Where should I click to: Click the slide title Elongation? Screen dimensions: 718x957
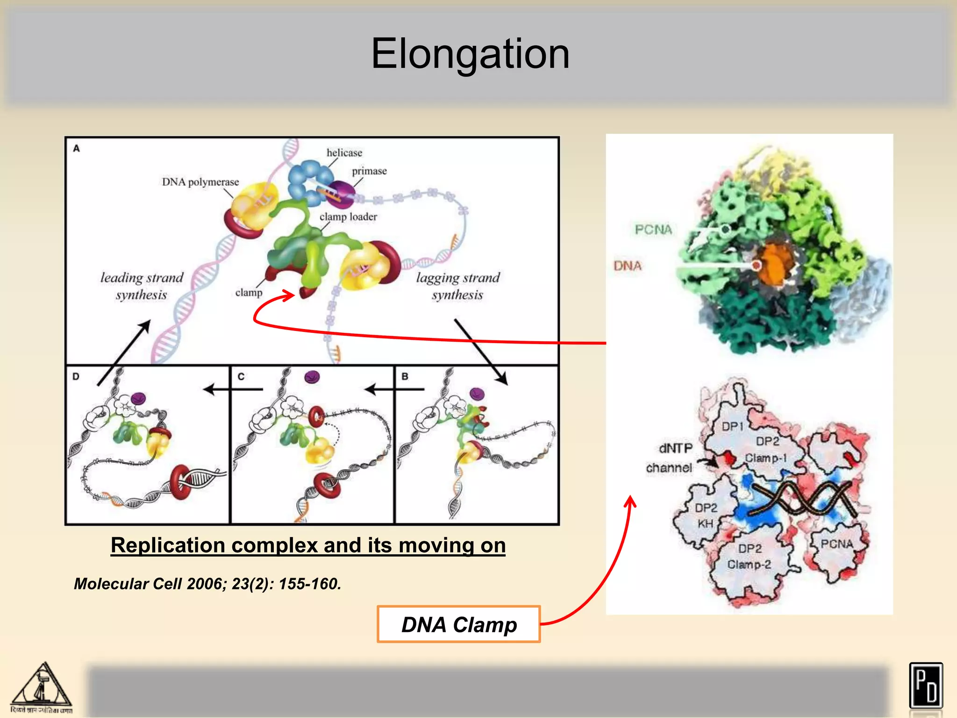tap(470, 54)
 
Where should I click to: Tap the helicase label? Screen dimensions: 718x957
tap(344, 153)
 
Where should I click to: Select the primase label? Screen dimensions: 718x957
tap(369, 171)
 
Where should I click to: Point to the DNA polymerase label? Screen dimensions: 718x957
tap(200, 182)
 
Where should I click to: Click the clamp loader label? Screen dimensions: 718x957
tap(348, 216)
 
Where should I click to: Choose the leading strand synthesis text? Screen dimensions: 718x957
tap(142, 286)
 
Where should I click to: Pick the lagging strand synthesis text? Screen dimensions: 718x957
tap(458, 286)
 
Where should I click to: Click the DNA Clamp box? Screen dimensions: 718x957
tap(459, 625)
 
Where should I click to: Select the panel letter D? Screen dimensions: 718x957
tap(76, 376)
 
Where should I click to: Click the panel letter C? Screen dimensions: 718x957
tap(241, 376)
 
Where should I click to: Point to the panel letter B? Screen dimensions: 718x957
tap(405, 376)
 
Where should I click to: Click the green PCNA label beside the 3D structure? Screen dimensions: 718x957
tap(653, 230)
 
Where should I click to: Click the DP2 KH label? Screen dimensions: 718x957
tap(706, 516)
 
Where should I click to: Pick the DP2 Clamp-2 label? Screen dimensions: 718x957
tap(750, 556)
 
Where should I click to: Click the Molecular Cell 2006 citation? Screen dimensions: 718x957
tap(207, 584)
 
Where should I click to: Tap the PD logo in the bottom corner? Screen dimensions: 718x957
tap(926, 686)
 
